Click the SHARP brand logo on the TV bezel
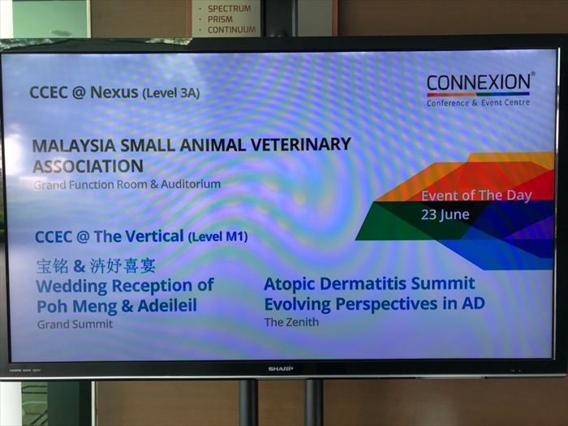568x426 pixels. pyautogui.click(x=281, y=368)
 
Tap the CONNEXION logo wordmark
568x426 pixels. pyautogui.click(x=479, y=82)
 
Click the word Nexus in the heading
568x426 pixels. pyautogui.click(x=114, y=93)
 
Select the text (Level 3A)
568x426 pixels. pyautogui.click(x=171, y=93)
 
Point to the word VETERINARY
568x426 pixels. pyautogui.click(x=301, y=144)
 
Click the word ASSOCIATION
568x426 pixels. pyautogui.click(x=88, y=166)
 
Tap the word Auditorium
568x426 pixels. pyautogui.click(x=191, y=184)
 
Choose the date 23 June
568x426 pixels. pyautogui.click(x=445, y=215)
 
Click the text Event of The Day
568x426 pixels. pyautogui.click(x=476, y=196)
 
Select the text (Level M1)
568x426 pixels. pyautogui.click(x=217, y=237)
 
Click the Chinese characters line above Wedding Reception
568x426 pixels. pyautogui.click(x=96, y=266)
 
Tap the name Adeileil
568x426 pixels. pyautogui.click(x=167, y=306)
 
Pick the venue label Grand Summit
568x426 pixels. pyautogui.click(x=75, y=324)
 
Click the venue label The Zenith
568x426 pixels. pyautogui.click(x=291, y=322)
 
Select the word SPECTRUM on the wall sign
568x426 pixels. pyautogui.click(x=230, y=8)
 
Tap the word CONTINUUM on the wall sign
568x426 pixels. pyautogui.click(x=231, y=30)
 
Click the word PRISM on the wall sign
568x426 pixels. pyautogui.click(x=220, y=19)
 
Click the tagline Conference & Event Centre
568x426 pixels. pyautogui.click(x=478, y=103)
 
